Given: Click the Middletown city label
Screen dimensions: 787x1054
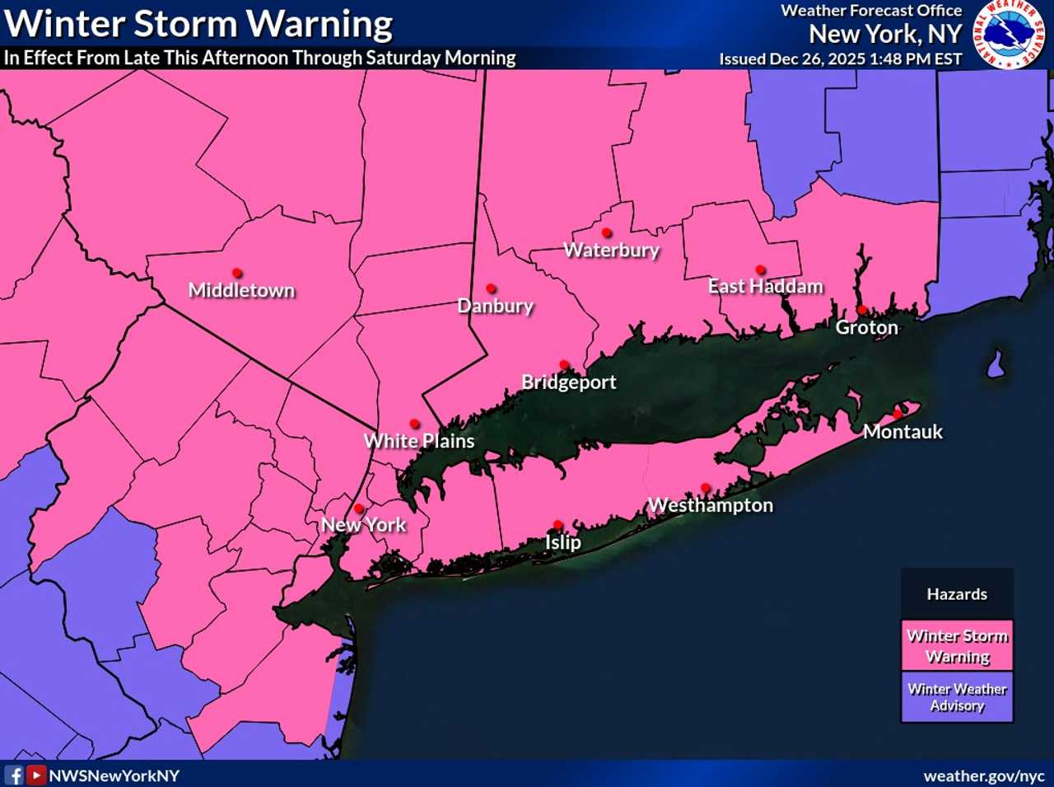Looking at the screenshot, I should click(241, 290).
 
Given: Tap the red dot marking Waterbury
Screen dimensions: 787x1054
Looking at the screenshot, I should click(607, 233).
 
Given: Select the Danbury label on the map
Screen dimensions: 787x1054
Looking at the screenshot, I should click(496, 306).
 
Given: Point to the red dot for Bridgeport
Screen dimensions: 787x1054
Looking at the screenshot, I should click(564, 364).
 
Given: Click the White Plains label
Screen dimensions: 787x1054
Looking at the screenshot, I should click(419, 441).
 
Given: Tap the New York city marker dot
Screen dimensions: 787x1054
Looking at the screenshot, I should click(359, 508).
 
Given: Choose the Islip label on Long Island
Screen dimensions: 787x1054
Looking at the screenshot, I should click(563, 542).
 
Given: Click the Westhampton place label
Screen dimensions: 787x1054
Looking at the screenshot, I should click(711, 505).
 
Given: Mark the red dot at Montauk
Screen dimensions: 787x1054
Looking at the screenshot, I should click(898, 414).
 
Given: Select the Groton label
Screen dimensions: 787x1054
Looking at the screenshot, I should click(866, 327).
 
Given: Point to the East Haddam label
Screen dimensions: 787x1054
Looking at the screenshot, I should click(766, 286).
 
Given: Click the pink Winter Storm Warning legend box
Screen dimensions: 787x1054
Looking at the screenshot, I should click(957, 645).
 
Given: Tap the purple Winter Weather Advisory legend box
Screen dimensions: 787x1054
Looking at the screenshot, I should click(957, 697).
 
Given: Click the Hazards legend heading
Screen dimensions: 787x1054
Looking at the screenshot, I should click(957, 594).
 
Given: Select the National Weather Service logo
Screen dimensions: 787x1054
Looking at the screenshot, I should click(1010, 35).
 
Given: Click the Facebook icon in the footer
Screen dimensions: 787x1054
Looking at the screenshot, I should click(15, 775).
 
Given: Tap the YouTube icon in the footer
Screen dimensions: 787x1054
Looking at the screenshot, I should click(36, 775).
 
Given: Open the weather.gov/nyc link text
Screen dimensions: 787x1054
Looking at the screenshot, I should click(983, 776).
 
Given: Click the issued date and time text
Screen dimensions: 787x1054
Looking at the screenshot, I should click(840, 59).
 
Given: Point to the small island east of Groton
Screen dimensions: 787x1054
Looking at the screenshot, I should click(996, 363).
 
